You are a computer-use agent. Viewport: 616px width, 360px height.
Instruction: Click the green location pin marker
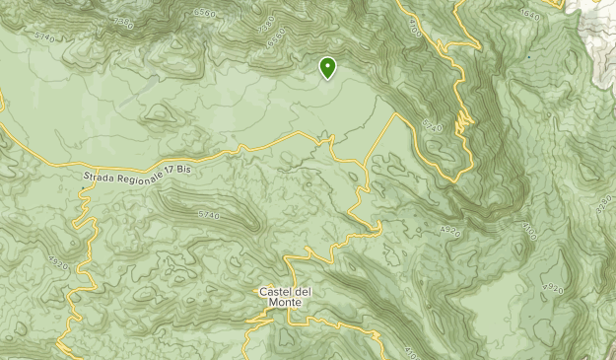pos(327,67)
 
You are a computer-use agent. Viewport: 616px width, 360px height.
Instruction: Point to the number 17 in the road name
pos(171,169)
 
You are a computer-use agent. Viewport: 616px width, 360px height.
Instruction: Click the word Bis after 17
pos(185,169)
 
